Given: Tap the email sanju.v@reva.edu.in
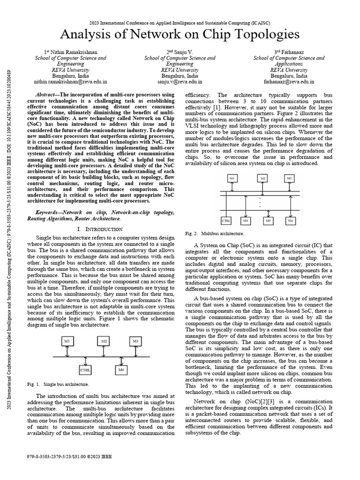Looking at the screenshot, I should tap(180, 81).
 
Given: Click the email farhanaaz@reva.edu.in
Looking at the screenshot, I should tap(289, 81).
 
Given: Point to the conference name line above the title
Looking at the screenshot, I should tap(180, 22).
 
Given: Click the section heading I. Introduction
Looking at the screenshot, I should tap(99, 229).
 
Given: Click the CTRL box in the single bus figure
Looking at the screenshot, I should tap(85, 370).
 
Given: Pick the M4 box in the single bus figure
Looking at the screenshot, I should tap(121, 370).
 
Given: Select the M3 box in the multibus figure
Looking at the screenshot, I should tap(289, 179).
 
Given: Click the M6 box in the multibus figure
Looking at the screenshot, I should tap(291, 220).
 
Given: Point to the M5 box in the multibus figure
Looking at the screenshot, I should tap(268, 220).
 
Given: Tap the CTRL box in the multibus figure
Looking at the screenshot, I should tap(226, 220).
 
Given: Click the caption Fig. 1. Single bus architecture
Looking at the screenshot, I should tap(59, 384).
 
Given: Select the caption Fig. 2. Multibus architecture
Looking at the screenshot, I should tap(214, 233).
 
